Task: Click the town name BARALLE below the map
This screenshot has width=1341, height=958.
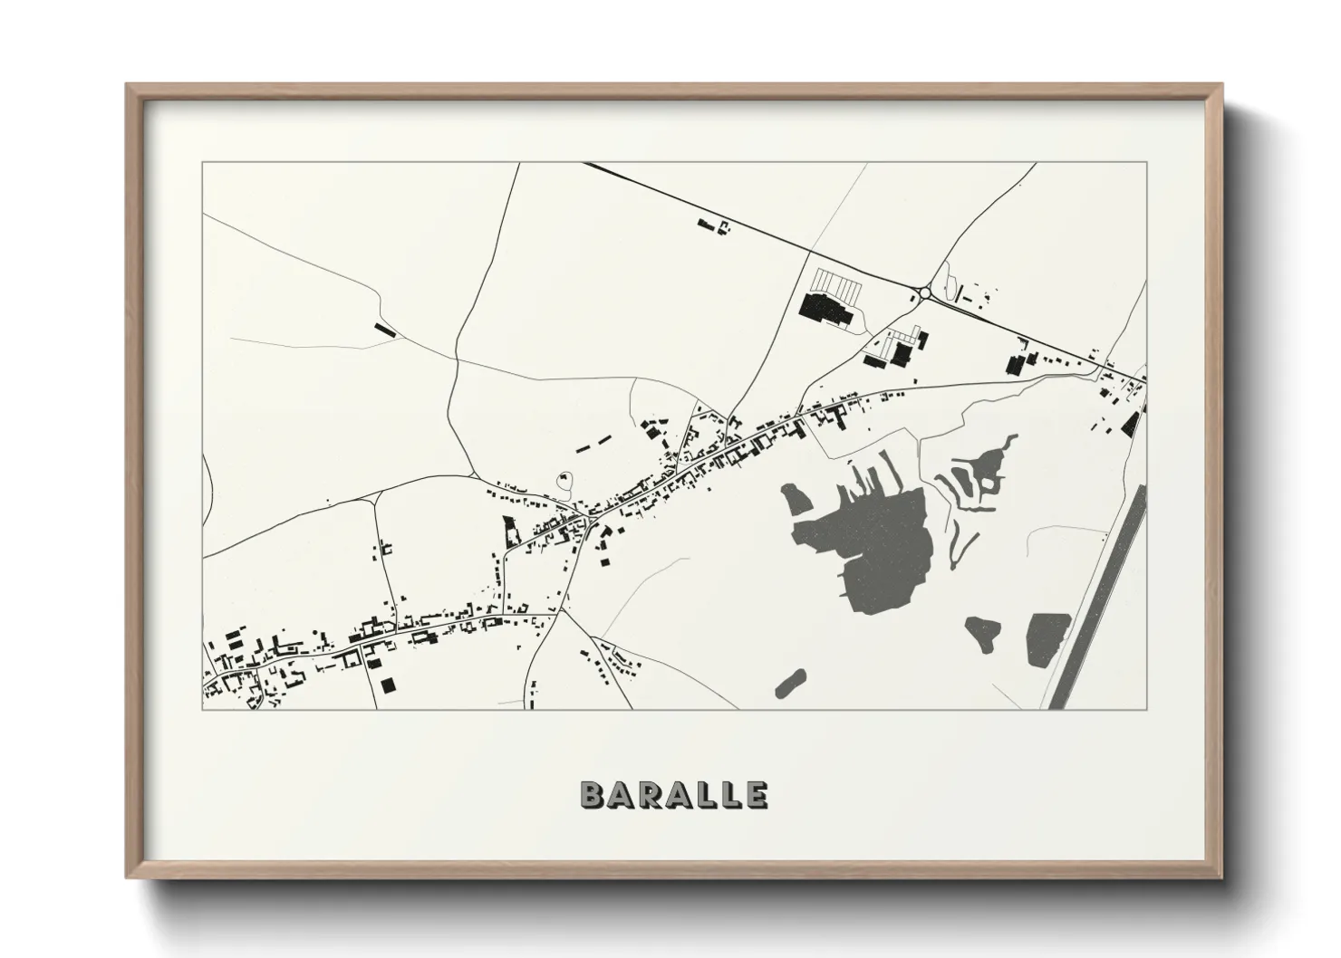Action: point(674,794)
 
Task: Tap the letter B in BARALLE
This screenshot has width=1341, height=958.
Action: point(592,794)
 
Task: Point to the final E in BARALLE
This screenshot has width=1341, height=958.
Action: point(757,794)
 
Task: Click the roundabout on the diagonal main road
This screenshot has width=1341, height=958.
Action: point(923,292)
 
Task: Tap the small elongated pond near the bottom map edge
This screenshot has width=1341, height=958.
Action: point(790,684)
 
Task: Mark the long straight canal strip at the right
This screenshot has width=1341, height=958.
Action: point(1100,598)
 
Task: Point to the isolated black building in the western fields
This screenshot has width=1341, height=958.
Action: point(385,330)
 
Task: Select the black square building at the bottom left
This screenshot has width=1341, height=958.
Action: point(388,684)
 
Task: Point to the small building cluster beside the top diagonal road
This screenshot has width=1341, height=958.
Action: point(713,225)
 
